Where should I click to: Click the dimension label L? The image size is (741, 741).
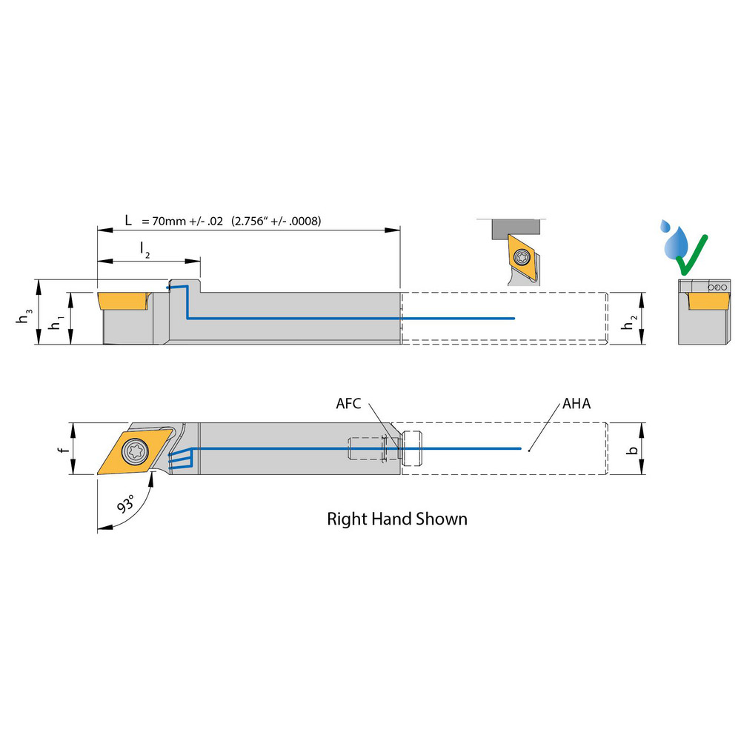(x=129, y=221)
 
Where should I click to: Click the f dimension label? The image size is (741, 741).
(x=64, y=450)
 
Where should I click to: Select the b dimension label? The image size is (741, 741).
(x=631, y=450)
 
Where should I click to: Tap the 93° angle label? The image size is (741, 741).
(x=127, y=506)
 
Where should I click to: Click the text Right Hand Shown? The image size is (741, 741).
(x=397, y=519)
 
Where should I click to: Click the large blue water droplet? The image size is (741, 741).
(x=677, y=243)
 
